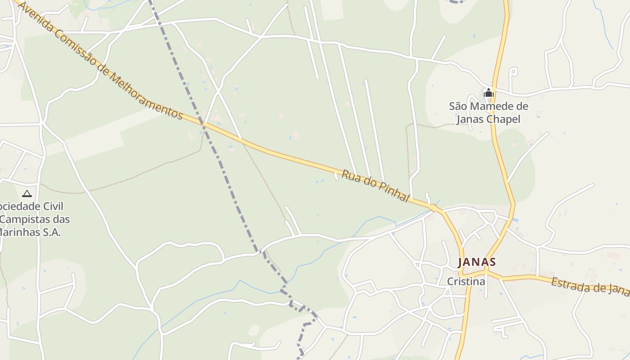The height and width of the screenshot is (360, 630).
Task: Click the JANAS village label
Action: (477, 262)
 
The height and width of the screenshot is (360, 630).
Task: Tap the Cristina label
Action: (466, 282)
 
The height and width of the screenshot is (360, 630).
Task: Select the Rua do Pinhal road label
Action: (375, 185)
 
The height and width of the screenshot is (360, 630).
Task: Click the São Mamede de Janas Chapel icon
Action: (488, 93)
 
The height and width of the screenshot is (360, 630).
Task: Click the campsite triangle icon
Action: (27, 194)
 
